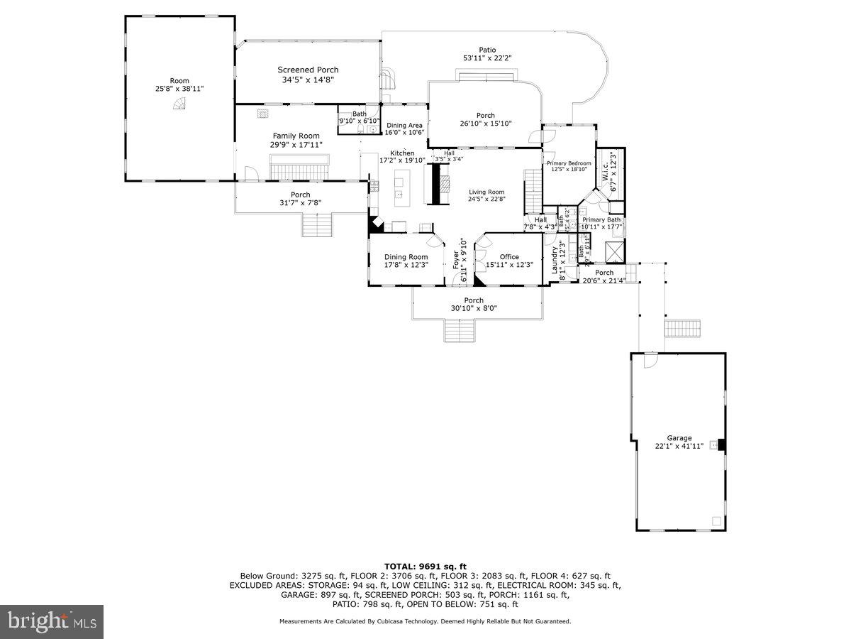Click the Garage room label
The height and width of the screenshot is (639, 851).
pos(679,438)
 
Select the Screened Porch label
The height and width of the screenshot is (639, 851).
pos(308,70)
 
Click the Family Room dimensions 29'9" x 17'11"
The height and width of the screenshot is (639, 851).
pos(296,145)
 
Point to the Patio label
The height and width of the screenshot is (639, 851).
pos(487,50)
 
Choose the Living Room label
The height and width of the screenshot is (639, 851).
pos(486,192)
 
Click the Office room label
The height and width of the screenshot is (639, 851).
pos(509,257)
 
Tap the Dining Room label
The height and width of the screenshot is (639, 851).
pos(406,257)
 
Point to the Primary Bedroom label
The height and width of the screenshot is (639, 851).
pos(568,163)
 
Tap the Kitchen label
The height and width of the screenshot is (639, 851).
pos(402,153)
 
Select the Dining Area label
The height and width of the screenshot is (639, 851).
pos(404,126)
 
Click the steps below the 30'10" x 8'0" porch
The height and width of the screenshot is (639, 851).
pos(460,331)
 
